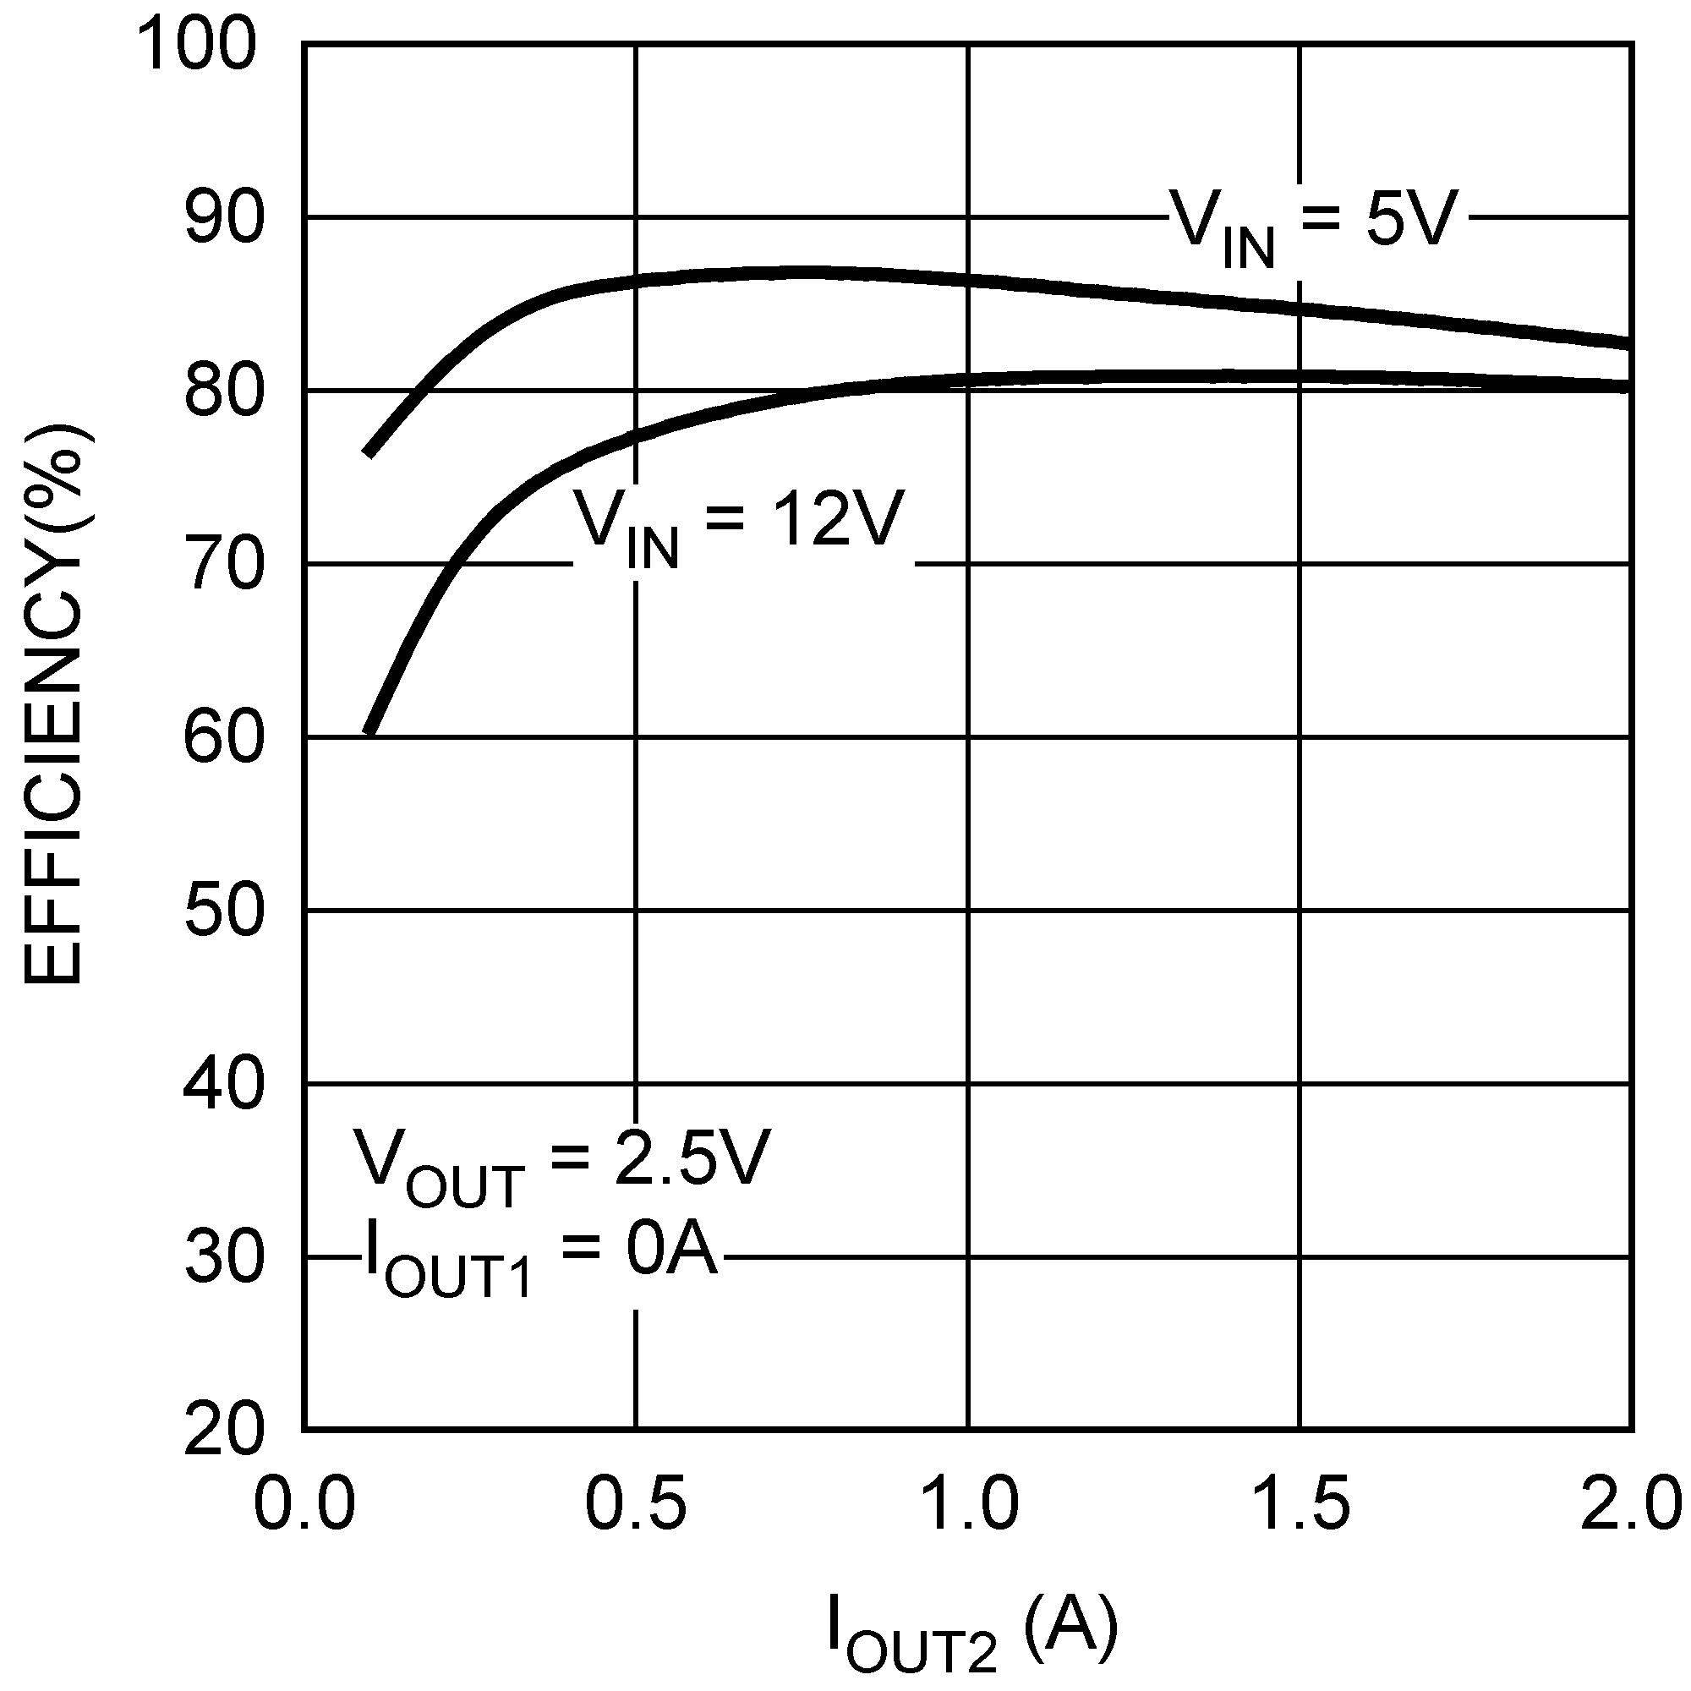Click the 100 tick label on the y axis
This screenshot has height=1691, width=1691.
[x=198, y=46]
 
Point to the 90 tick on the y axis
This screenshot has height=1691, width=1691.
[x=224, y=218]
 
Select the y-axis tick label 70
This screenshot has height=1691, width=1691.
[x=224, y=565]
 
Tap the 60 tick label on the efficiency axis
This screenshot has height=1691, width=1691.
[x=224, y=738]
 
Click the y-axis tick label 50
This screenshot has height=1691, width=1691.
[x=224, y=911]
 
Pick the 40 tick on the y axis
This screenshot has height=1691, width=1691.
[x=224, y=1085]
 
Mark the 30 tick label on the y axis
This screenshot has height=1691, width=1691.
[x=224, y=1258]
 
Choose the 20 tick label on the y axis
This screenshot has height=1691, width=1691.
[x=224, y=1431]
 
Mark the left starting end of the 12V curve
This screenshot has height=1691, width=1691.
[x=370, y=730]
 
